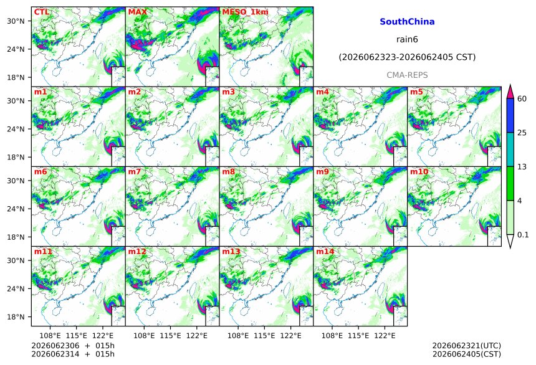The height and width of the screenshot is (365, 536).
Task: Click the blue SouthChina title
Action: [x=407, y=22]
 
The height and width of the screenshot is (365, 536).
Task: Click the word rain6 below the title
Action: [x=407, y=39]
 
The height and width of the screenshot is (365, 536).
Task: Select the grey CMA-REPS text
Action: [x=407, y=75]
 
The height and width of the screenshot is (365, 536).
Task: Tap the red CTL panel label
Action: [x=42, y=12]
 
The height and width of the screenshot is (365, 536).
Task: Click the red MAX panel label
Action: [x=137, y=12]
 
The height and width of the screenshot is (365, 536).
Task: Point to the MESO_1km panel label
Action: [x=245, y=12]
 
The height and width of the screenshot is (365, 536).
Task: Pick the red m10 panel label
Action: [x=419, y=171]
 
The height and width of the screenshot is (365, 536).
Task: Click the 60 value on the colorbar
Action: [x=522, y=99]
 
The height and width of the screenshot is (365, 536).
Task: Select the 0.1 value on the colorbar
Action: [x=523, y=235]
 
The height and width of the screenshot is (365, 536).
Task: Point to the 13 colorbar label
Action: [x=522, y=167]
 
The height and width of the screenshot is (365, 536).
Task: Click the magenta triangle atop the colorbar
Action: [x=510, y=92]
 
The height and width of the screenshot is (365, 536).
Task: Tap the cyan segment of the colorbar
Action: [x=510, y=149]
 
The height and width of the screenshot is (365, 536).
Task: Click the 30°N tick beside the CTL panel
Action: [x=16, y=21]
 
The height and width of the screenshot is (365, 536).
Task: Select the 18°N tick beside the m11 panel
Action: [x=16, y=317]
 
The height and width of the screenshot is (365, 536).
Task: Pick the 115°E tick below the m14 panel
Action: [x=358, y=336]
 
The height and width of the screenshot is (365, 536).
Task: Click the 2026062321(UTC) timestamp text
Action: [x=467, y=346]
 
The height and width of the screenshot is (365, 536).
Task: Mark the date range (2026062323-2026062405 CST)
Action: [x=407, y=57]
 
